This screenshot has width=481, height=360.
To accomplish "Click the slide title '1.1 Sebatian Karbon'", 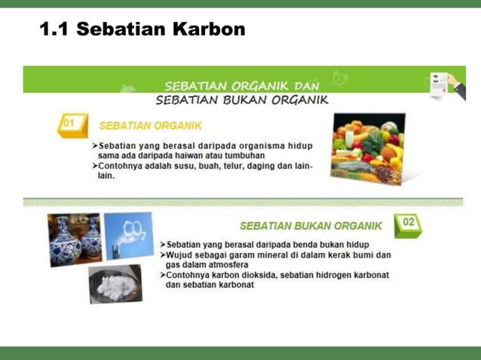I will coord(142,30).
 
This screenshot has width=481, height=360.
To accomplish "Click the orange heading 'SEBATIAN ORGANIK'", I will coord(150,125).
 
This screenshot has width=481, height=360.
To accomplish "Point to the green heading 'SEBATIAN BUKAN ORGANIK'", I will coord(311,226).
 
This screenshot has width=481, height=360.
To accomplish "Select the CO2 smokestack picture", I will coord(129,234).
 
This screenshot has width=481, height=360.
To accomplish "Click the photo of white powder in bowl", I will coord(115,284).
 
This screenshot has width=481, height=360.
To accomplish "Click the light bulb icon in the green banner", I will coord(340,78).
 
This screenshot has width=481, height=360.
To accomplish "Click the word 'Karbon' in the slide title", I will coord(209,30).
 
